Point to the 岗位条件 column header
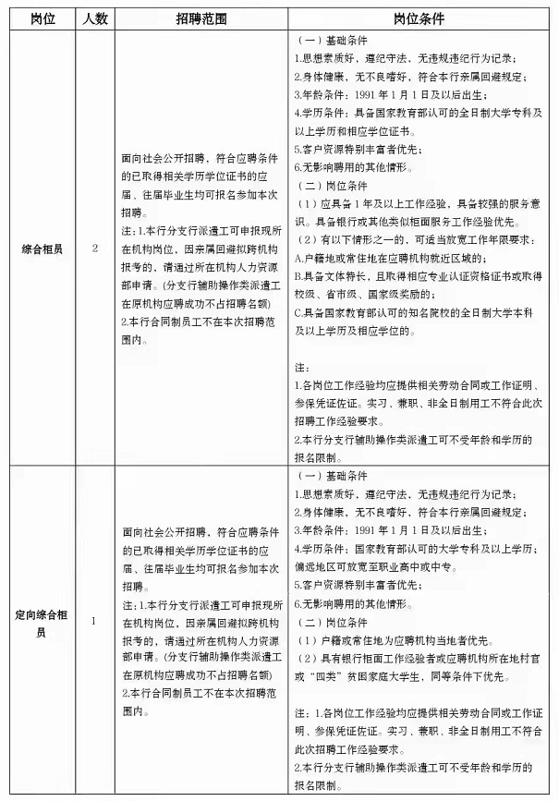(x=422, y=18)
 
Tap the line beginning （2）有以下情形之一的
(x=422, y=242)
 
